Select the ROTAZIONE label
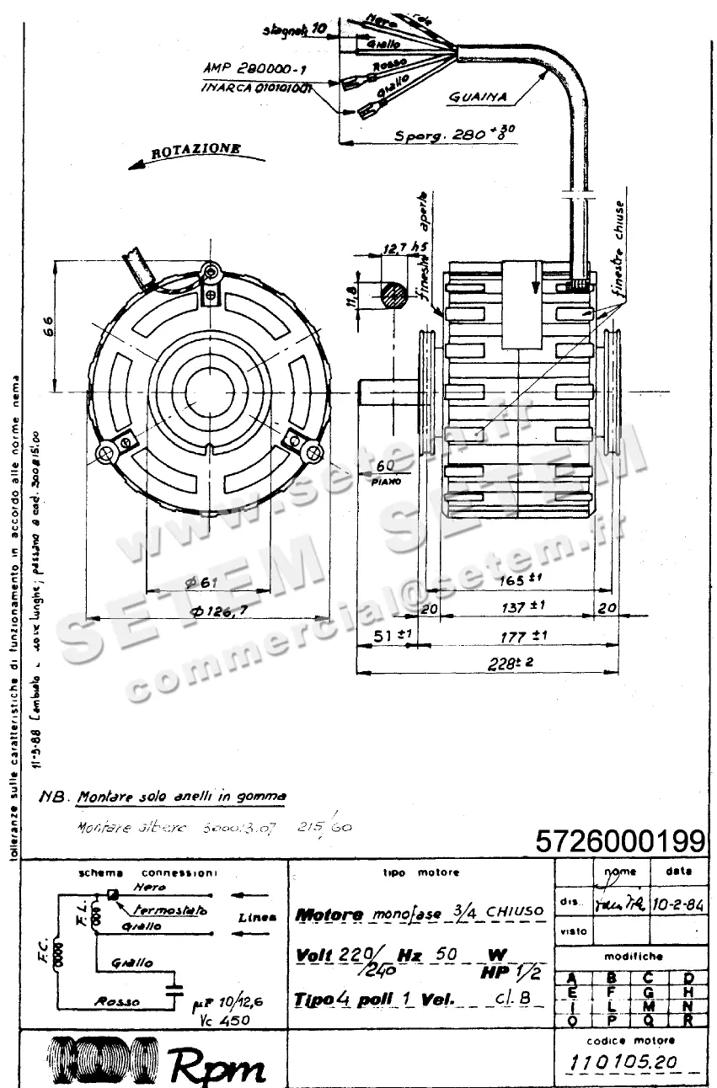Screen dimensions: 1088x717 pyautogui.click(x=195, y=151)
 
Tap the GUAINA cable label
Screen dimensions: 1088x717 pyautogui.click(x=477, y=97)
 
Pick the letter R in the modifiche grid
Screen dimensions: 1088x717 pyautogui.click(x=688, y=1019)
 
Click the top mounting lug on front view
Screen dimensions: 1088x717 pyautogui.click(x=210, y=272)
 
